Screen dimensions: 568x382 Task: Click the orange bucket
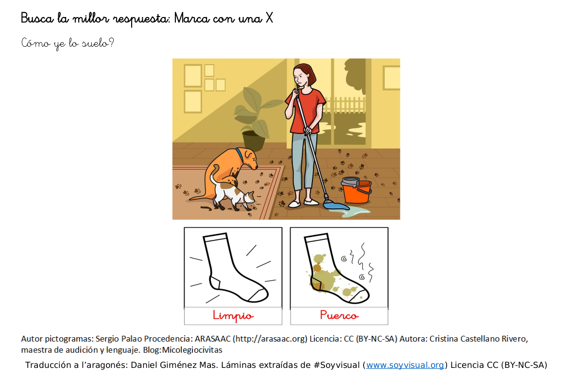point(357,190)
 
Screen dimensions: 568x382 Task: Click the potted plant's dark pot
point(254,141)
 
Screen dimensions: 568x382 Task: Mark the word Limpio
point(233,316)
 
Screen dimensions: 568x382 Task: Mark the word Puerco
point(339,315)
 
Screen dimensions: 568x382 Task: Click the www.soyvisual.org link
point(405,365)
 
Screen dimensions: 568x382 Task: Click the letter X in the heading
point(269,18)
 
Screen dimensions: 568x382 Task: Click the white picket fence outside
point(344,105)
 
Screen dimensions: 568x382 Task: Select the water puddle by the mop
point(354,212)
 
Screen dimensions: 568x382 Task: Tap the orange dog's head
point(250,159)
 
